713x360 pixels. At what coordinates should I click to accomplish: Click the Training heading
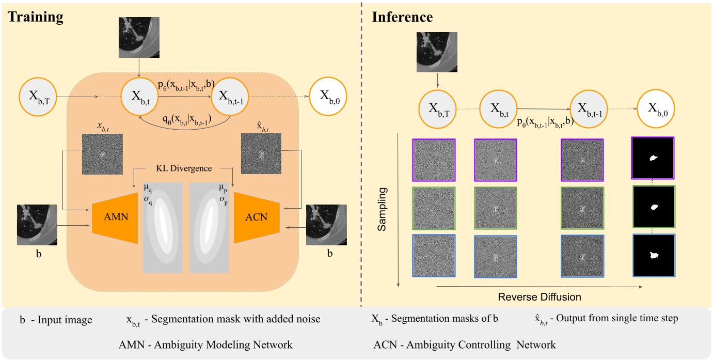[35, 17]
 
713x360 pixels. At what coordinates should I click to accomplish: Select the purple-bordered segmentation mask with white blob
[653, 160]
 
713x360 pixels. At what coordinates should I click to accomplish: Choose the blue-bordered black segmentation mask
[653, 255]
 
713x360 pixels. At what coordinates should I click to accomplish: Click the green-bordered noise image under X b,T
[434, 207]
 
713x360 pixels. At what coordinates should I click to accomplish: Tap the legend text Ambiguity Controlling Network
[464, 345]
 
